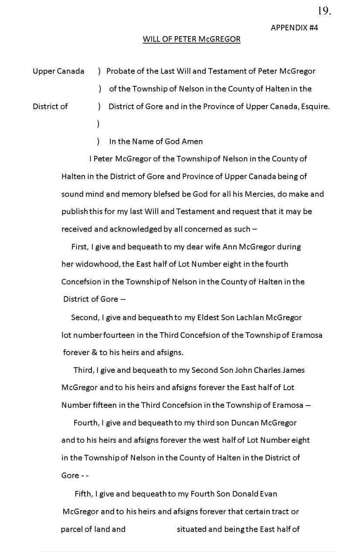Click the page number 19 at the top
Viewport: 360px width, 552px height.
coord(324,12)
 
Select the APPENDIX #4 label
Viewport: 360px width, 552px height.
coord(294,27)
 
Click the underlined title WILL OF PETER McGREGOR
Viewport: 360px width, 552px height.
coord(192,40)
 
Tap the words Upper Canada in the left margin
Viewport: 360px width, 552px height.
coord(58,71)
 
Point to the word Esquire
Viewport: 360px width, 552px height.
coord(315,106)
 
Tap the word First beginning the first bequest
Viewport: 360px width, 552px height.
coord(79,247)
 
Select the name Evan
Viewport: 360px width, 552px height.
coord(269,494)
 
